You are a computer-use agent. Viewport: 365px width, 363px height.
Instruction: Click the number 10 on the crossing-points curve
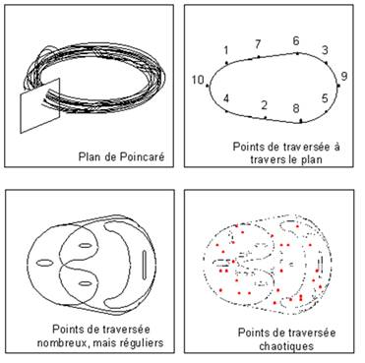coord(198,80)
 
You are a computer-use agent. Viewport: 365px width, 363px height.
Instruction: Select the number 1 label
coord(226,50)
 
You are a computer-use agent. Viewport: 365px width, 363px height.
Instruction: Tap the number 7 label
coord(258,44)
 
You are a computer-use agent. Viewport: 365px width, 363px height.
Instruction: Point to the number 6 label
coord(296,41)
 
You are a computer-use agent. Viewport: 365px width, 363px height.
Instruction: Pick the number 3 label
coord(325,50)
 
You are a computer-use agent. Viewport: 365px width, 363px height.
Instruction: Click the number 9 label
coord(344,77)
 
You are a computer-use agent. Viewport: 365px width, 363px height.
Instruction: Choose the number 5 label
coord(325,98)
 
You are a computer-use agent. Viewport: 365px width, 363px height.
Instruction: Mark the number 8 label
coord(296,108)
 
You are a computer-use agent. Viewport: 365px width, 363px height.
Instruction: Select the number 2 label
coord(265,105)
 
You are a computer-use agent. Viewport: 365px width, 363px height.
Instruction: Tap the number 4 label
coord(226,98)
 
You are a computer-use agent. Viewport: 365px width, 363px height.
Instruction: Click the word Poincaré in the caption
coord(142,156)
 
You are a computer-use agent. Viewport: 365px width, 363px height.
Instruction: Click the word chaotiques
coord(286,346)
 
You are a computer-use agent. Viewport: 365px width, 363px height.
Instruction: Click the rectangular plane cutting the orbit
coord(40,105)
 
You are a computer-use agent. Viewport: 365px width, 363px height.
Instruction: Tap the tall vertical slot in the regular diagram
coord(145,265)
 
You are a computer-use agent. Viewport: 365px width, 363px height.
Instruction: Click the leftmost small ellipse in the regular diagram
coord(44,263)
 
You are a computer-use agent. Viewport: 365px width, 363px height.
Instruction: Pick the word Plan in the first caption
coord(89,156)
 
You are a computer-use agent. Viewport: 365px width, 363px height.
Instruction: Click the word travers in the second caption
coord(267,159)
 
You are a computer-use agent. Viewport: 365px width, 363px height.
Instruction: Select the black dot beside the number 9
coord(338,86)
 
